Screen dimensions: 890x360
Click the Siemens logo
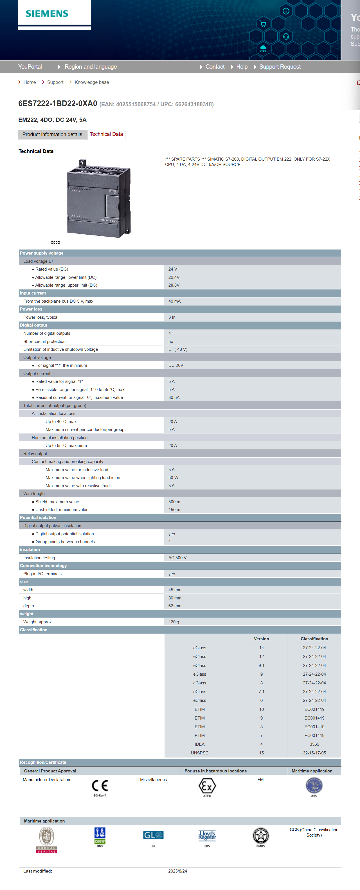(x=47, y=14)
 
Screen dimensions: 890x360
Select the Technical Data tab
(x=106, y=134)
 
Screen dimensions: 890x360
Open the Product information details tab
(x=52, y=134)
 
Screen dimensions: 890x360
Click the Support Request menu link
(x=280, y=67)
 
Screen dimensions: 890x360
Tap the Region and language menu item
(x=91, y=67)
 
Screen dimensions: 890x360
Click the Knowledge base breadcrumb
(x=92, y=82)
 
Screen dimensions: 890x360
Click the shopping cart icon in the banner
(x=263, y=24)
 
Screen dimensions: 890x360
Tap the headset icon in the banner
(x=286, y=36)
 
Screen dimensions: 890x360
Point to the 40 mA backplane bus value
(x=174, y=301)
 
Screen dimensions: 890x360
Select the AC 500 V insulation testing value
(x=177, y=558)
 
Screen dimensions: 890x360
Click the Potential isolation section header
(x=38, y=518)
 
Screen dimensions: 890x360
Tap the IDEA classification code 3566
(x=314, y=744)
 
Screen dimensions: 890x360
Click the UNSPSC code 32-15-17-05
(x=314, y=753)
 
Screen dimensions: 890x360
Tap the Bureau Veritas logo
(x=46, y=840)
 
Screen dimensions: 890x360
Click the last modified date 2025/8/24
(x=177, y=871)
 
